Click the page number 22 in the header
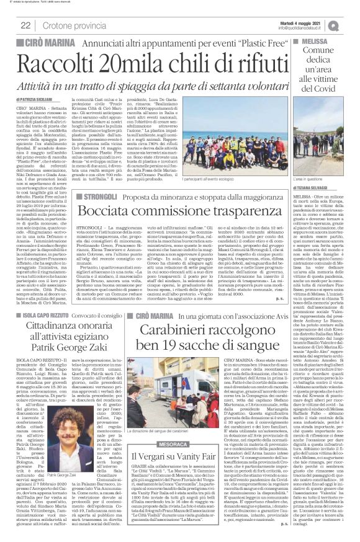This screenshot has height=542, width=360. (26, 25)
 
